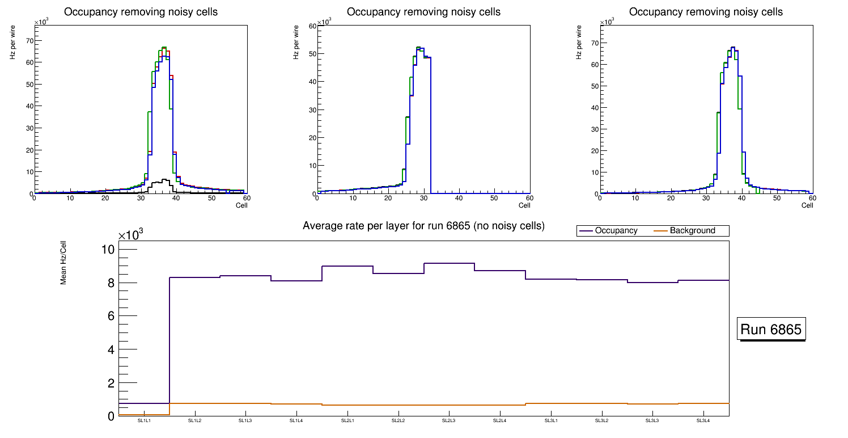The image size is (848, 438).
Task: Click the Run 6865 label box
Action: pos(771,330)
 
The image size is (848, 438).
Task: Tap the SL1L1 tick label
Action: pos(144,421)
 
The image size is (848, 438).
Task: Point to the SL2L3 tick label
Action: pos(449,421)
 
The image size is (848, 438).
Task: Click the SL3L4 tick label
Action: pos(703,421)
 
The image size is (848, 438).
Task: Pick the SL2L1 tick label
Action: pos(347,421)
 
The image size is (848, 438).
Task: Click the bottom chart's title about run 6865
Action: pos(423,226)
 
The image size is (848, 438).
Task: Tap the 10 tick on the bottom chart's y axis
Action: pos(108,250)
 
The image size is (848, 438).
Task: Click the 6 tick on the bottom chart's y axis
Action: pos(111,317)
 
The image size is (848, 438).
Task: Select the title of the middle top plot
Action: pos(423,12)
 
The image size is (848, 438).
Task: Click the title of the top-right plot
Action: pos(706,12)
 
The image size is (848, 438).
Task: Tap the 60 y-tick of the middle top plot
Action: pos(311,26)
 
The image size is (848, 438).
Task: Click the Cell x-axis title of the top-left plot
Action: pos(241,205)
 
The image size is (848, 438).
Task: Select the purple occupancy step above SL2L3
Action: pos(449,263)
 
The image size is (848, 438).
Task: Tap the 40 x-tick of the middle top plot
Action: pos(459,198)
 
